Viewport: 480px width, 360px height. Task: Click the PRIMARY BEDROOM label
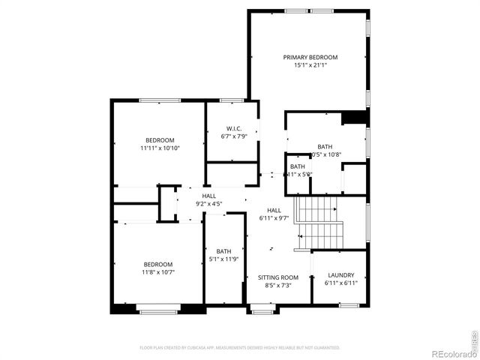(310, 57)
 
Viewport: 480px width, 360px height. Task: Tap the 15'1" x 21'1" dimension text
(310, 65)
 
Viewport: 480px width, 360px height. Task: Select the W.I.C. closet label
(234, 128)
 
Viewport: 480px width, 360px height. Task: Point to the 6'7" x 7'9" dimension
(234, 136)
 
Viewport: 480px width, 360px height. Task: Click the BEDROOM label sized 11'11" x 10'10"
(160, 140)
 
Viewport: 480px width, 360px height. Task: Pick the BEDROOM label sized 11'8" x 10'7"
(158, 264)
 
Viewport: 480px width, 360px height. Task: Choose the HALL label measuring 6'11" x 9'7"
(274, 210)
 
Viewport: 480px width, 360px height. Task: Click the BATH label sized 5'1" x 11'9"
(224, 251)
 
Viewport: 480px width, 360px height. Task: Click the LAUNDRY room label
(340, 275)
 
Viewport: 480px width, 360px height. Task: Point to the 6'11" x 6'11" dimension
(340, 283)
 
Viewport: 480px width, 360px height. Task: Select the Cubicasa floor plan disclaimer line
(240, 348)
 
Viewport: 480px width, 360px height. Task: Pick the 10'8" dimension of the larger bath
(331, 154)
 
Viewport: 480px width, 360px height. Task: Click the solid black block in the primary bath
(352, 118)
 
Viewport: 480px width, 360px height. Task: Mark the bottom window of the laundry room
(349, 305)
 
